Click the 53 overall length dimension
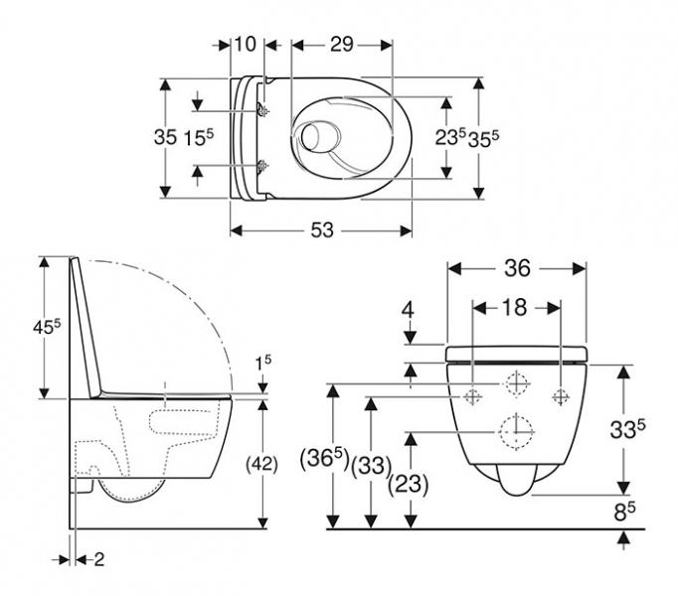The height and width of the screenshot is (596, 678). click(321, 230)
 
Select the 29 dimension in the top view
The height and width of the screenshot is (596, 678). click(342, 46)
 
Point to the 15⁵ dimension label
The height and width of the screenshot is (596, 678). click(200, 137)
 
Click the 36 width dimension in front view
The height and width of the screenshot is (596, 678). click(517, 268)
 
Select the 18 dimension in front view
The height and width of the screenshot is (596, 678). click(517, 308)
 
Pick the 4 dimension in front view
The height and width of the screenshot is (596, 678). click(407, 311)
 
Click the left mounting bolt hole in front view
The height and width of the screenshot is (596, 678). click(473, 395)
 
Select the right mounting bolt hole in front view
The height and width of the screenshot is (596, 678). click(562, 395)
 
